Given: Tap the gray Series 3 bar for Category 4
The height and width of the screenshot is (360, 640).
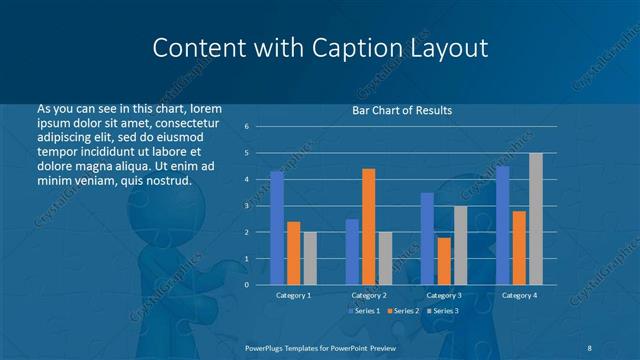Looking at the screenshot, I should coord(535,219).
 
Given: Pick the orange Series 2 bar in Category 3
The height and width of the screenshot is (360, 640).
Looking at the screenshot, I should coord(443,261).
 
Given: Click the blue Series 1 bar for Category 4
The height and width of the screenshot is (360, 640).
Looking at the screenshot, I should coord(502,225).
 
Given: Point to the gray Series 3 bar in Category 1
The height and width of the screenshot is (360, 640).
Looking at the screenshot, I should coord(309,258).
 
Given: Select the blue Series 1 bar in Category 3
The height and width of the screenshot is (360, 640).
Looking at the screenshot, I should coord(427,239).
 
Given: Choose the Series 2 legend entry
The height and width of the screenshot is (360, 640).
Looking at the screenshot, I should coord(404,312).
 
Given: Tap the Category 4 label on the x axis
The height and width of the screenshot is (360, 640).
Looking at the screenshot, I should coord(518,296).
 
